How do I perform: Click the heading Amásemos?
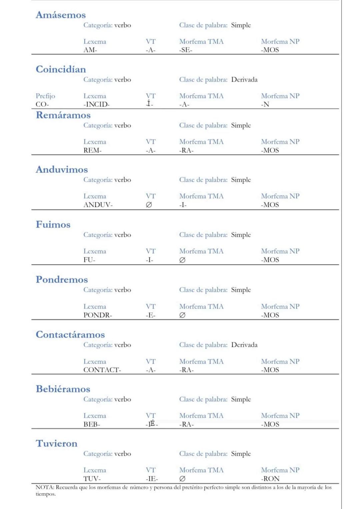click(x=61, y=15)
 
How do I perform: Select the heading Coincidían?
click(x=61, y=69)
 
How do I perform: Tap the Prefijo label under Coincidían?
click(x=45, y=96)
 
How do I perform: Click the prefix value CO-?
click(x=42, y=104)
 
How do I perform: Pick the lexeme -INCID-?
click(x=96, y=104)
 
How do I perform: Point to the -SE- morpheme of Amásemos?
click(x=186, y=50)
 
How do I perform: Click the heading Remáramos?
click(x=63, y=115)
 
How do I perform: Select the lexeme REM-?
click(x=92, y=150)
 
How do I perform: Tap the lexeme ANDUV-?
click(x=98, y=205)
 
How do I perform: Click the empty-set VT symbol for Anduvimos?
click(x=149, y=205)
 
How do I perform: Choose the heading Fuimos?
click(x=53, y=225)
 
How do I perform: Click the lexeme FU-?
click(x=89, y=260)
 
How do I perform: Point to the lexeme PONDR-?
click(x=98, y=315)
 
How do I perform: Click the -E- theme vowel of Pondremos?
click(x=151, y=315)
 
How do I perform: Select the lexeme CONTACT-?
click(x=102, y=370)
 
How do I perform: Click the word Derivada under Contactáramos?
click(x=244, y=345)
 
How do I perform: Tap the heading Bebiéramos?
click(x=63, y=389)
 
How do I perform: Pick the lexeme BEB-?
click(x=92, y=424)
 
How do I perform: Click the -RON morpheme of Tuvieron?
click(x=270, y=479)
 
